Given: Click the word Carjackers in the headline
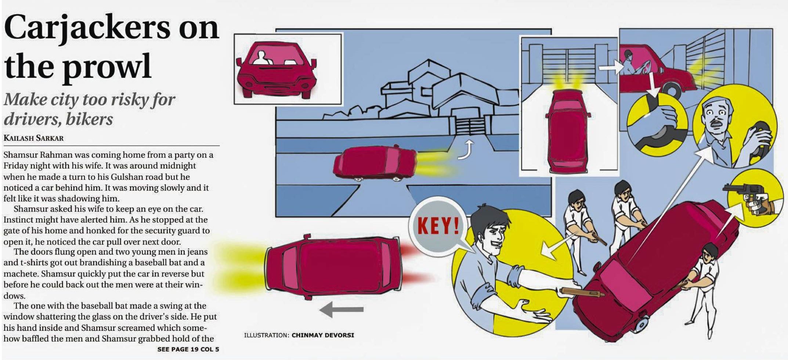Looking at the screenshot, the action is click(87, 29).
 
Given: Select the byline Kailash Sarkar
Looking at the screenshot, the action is click(33, 138).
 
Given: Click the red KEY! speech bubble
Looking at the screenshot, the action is click(438, 226).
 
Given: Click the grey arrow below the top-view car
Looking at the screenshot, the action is click(341, 309).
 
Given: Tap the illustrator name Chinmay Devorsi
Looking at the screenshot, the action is click(323, 335).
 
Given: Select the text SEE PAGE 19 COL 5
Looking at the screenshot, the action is click(188, 349).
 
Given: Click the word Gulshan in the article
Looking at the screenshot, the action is click(129, 177).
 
